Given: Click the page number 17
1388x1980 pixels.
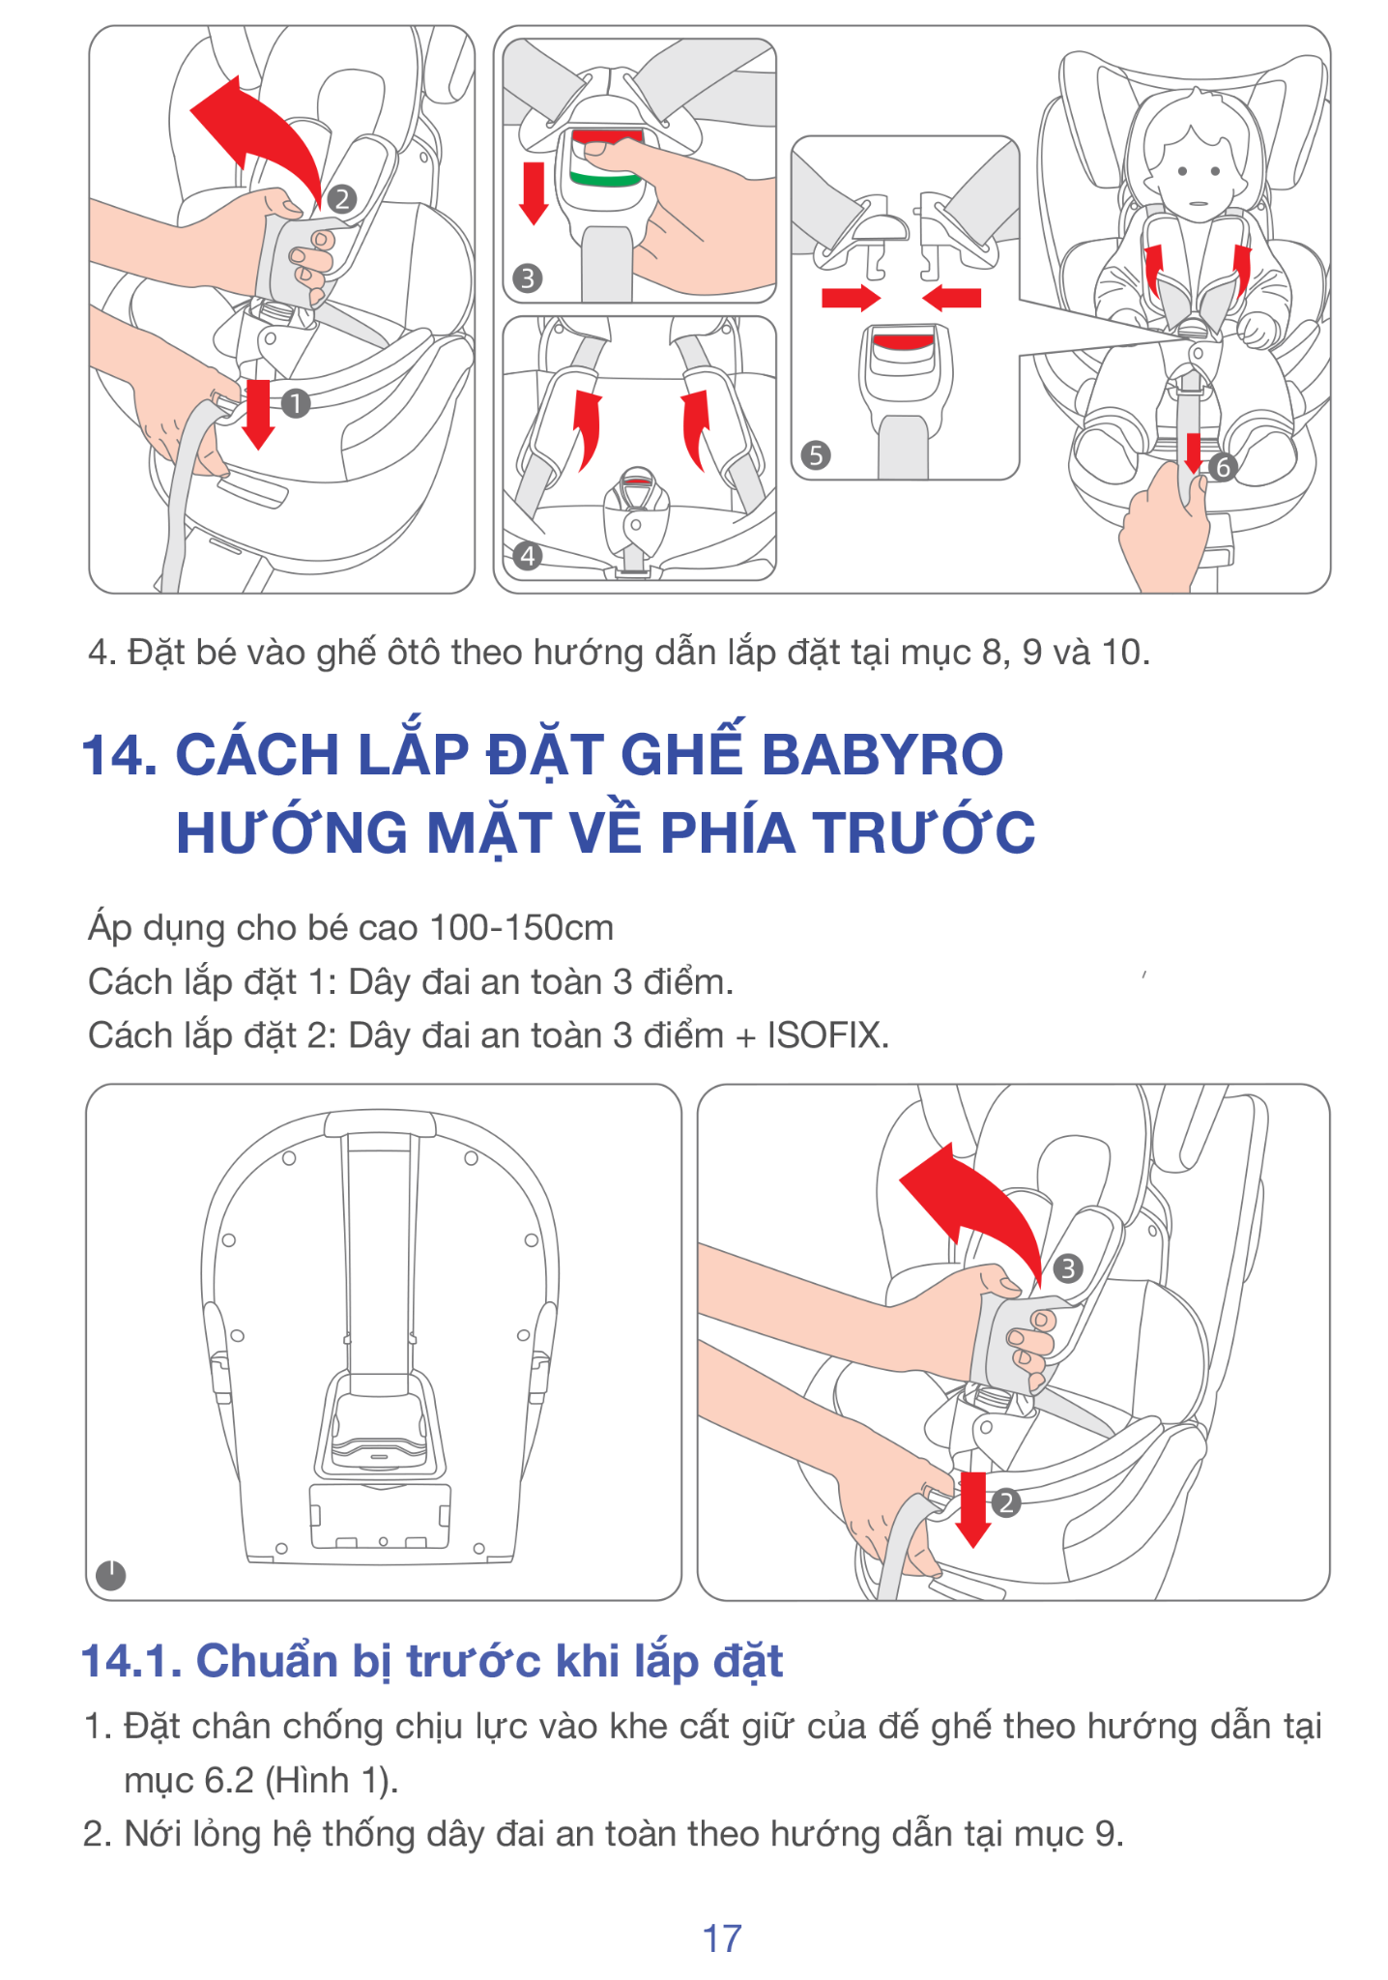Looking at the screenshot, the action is (721, 1937).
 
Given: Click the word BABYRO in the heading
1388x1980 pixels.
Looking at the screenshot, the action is (882, 754).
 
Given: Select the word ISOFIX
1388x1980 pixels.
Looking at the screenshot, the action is (827, 1035).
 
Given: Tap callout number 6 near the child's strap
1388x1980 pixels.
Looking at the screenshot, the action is (1223, 468).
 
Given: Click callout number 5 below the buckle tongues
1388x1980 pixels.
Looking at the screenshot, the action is (816, 455).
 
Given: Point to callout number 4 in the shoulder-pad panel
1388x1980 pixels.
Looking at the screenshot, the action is (527, 556).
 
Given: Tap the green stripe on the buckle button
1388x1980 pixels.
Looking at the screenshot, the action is (604, 180).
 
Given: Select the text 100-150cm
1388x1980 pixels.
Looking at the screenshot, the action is (521, 928).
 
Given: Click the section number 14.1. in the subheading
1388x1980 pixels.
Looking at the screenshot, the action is (131, 1661).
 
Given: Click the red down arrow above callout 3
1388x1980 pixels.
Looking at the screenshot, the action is (534, 192).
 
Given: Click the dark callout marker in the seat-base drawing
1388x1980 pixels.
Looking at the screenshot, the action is (111, 1576).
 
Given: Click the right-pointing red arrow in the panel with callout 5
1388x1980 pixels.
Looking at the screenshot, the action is (851, 297).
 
